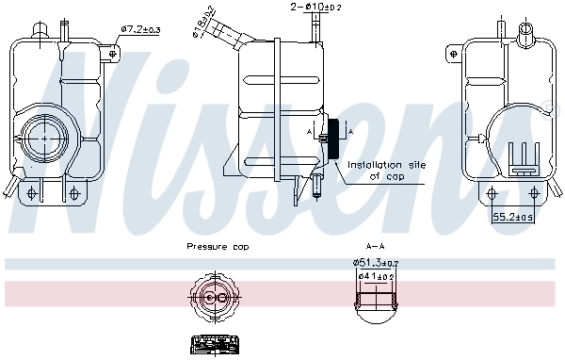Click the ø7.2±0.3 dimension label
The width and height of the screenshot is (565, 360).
[x=140, y=29]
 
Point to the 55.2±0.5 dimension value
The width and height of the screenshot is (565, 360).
[x=514, y=217]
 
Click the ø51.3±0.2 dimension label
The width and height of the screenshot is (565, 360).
[x=376, y=262]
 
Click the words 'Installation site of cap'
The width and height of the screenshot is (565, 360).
[x=386, y=170]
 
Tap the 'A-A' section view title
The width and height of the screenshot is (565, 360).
[x=376, y=247]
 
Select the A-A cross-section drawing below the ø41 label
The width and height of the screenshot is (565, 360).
[x=377, y=299]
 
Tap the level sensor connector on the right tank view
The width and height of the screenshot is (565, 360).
[x=522, y=157]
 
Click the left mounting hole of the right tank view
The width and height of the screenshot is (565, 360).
[x=492, y=193]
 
